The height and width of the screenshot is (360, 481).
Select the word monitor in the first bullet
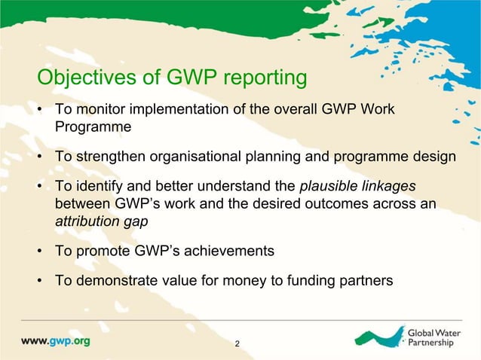point(97,111)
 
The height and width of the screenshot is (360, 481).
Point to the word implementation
point(173,111)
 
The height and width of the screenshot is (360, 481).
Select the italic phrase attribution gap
point(93,223)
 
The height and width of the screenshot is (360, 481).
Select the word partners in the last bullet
point(365,281)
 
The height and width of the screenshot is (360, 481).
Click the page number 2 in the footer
point(238,344)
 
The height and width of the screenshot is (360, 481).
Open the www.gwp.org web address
point(55,340)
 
